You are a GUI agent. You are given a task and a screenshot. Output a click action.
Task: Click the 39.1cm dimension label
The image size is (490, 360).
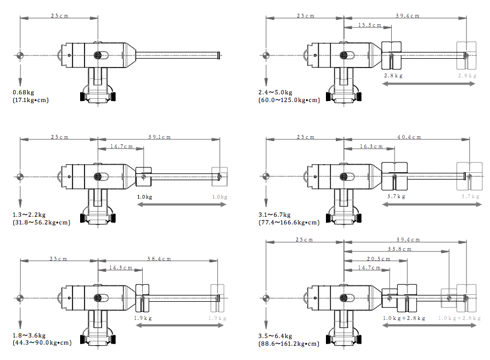(159, 137)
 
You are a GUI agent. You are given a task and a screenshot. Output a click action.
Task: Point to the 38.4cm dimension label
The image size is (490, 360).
(159, 259)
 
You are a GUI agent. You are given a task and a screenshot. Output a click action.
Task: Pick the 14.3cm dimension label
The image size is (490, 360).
(121, 268)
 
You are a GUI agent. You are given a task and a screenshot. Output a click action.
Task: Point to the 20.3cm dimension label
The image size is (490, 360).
(378, 259)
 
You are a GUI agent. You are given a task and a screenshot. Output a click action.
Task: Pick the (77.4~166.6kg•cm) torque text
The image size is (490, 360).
(289, 222)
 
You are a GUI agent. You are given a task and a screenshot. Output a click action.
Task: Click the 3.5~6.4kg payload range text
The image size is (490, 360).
(275, 336)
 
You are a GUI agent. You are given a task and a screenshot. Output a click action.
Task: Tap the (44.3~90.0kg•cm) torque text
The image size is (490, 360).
(42, 344)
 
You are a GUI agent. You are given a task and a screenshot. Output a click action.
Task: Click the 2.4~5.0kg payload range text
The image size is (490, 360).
(275, 92)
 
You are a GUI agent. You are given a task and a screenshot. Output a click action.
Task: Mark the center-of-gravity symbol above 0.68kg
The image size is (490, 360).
(20, 55)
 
